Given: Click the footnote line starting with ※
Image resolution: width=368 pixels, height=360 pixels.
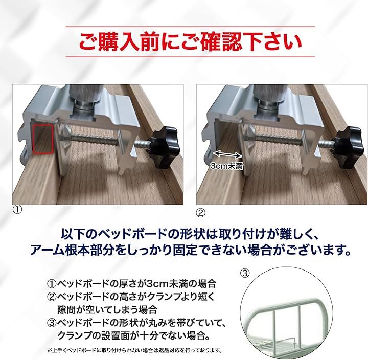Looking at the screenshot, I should (134, 350).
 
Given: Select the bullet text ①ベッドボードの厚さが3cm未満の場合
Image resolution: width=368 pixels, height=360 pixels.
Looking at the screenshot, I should (132, 283).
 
